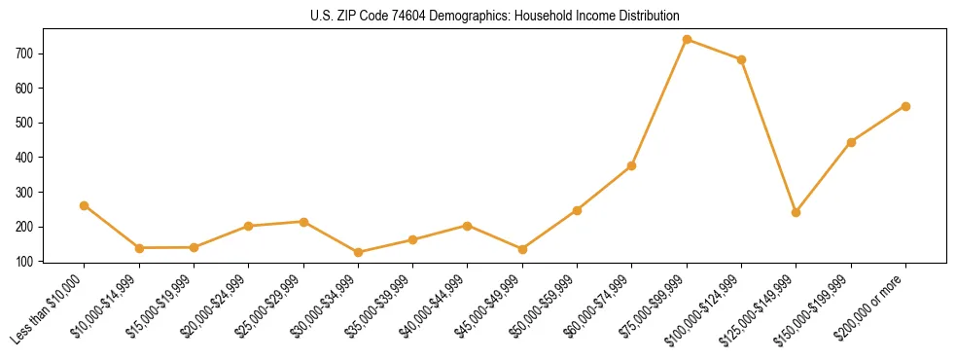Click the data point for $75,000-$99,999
click(687, 40)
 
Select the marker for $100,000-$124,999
click(741, 59)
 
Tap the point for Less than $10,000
click(84, 205)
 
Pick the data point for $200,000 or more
click(905, 106)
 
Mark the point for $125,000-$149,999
click(796, 212)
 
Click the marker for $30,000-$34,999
click(358, 252)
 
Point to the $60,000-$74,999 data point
click(631, 165)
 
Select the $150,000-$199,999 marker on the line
click(851, 142)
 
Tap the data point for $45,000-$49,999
click(522, 249)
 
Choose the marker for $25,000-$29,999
click(303, 222)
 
